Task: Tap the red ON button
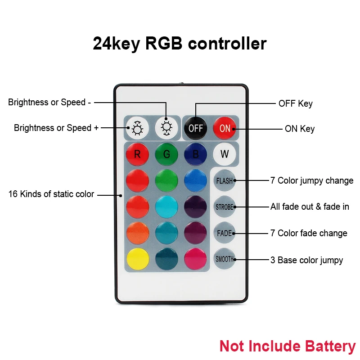pos(225,128)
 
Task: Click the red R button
pos(137,154)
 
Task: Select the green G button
pos(166,154)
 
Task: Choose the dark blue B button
pos(195,154)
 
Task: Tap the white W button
pos(224,154)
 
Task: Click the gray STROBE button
pos(225,207)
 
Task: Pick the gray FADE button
pos(225,233)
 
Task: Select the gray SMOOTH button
pos(225,259)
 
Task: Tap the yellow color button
pos(137,259)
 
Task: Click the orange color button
pos(137,233)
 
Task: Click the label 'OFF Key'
pos(295,103)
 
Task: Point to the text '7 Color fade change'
pos(309,233)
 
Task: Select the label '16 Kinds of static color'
pos(51,194)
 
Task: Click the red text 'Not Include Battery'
pos(287,346)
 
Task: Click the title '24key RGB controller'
pos(180,44)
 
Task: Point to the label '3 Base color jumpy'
pos(306,260)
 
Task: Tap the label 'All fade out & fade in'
pos(310,207)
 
